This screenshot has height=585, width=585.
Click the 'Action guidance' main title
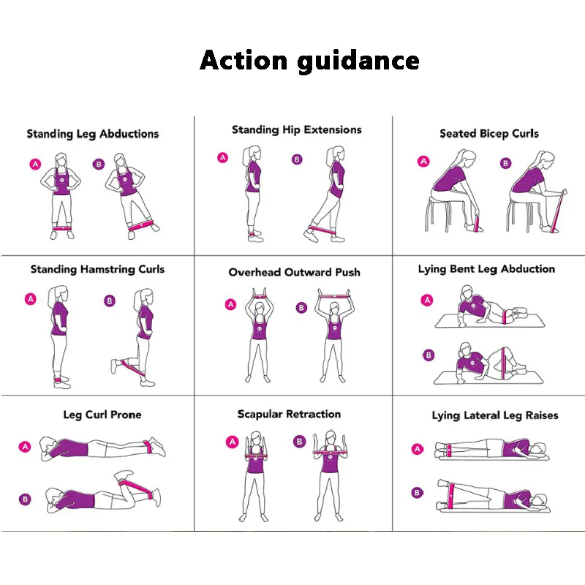309,60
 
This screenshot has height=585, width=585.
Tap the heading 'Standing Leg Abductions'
93,134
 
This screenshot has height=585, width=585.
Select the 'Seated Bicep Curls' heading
489,134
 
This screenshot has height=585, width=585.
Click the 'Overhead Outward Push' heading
295,272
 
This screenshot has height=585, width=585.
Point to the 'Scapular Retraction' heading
289,414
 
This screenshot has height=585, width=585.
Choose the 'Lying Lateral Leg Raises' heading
495,415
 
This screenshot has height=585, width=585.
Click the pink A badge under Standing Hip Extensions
223,157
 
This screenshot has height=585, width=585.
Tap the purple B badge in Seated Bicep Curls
505,163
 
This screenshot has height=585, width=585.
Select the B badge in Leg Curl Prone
25,499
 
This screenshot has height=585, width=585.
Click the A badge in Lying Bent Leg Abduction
427,300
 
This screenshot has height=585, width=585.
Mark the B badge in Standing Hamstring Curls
109,301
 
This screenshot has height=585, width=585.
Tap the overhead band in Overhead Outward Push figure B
334,297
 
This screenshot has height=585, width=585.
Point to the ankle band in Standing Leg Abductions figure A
62,228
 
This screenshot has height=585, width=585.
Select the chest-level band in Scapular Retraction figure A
256,456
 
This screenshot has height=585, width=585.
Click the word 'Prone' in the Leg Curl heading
126,415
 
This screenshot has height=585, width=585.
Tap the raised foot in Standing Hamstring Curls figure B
114,366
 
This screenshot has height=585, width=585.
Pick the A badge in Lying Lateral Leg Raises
418,449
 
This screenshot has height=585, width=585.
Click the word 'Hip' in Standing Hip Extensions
291,130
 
